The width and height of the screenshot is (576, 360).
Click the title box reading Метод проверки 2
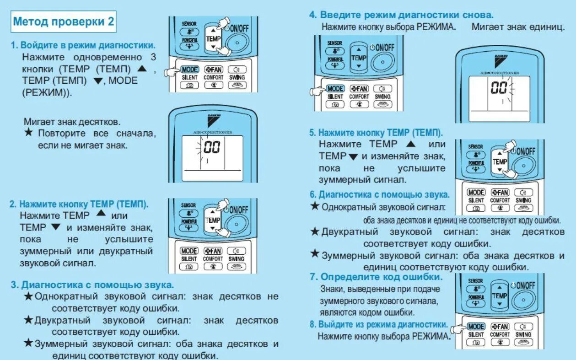coord(64,21)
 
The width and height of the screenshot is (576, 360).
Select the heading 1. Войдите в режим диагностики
coord(83,46)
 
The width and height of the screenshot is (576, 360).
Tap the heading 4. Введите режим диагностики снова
coord(401,15)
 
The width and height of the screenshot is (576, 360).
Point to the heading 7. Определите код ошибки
coord(376,277)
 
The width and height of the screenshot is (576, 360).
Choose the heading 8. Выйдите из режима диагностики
coord(378,324)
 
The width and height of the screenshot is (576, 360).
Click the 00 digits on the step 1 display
coord(212,147)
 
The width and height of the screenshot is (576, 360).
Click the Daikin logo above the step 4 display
coord(501,59)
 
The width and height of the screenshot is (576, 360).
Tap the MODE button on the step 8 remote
coord(476,327)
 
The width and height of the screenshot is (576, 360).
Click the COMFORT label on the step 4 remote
coord(359,97)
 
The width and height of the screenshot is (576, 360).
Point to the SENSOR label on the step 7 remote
coord(475,280)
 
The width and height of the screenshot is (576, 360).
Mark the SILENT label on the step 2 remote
coord(188,259)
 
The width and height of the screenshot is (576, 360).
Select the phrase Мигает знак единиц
coord(518,27)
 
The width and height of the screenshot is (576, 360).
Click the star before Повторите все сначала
coord(28,133)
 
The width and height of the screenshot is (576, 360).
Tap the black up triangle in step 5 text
coord(411,144)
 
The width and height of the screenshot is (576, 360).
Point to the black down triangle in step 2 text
coord(56,227)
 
